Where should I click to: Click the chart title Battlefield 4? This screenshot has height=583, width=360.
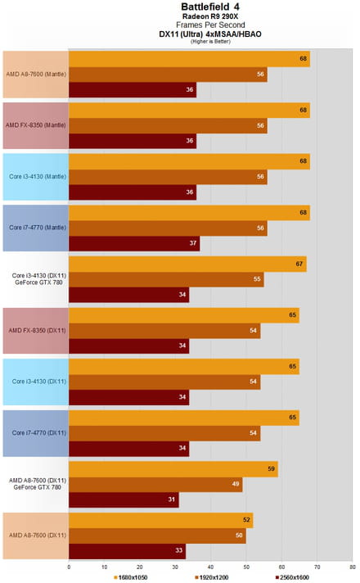tap(210, 7)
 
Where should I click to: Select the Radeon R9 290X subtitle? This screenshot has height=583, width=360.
tap(210, 16)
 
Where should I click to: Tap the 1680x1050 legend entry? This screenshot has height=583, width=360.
tap(131, 577)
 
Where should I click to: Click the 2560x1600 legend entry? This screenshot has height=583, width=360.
tap(292, 577)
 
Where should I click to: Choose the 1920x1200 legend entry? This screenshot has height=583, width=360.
tap(212, 577)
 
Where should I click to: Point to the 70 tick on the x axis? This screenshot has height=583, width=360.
tap(317, 567)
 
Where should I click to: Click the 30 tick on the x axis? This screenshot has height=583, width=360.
tap(175, 567)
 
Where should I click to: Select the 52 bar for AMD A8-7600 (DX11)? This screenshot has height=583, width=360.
tap(161, 520)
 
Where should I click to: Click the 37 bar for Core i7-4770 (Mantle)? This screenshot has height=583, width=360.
tap(134, 243)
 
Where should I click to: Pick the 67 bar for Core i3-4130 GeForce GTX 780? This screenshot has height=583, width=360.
tap(187, 264)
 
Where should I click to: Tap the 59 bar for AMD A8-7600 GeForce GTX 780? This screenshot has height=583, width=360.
tap(173, 469)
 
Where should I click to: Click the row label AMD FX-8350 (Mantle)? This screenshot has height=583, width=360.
tap(36, 125)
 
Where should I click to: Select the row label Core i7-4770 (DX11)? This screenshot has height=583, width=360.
tap(39, 433)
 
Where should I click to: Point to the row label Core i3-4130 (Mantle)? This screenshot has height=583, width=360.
tap(38, 176)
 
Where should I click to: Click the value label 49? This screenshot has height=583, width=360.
tap(236, 484)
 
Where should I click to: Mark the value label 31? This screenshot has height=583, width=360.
tap(171, 499)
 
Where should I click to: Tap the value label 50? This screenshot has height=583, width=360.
tap(239, 536)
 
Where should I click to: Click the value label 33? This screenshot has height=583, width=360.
tap(178, 550)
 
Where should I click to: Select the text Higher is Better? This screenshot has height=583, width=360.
tap(210, 42)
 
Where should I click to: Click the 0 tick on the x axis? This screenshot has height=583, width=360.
tap(69, 567)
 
